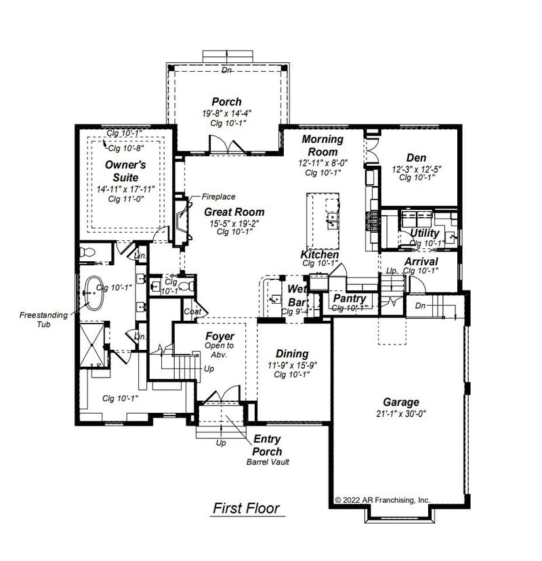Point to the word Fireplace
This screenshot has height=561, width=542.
pyautogui.click(x=218, y=197)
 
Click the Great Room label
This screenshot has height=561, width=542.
pyautogui.click(x=234, y=212)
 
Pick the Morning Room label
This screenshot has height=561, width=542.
pyautogui.click(x=322, y=145)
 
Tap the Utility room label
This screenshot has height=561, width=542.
pyautogui.click(x=425, y=233)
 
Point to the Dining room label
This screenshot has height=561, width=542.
pyautogui.click(x=292, y=354)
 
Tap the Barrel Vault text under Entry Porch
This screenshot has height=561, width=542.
pyautogui.click(x=268, y=463)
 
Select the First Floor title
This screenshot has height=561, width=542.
pyautogui.click(x=246, y=508)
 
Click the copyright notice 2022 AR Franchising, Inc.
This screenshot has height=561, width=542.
pyautogui.click(x=383, y=500)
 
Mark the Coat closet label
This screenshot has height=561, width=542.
pyautogui.click(x=192, y=311)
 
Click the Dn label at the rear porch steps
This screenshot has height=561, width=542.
pyautogui.click(x=227, y=70)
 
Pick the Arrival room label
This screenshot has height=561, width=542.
pyautogui.click(x=421, y=261)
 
